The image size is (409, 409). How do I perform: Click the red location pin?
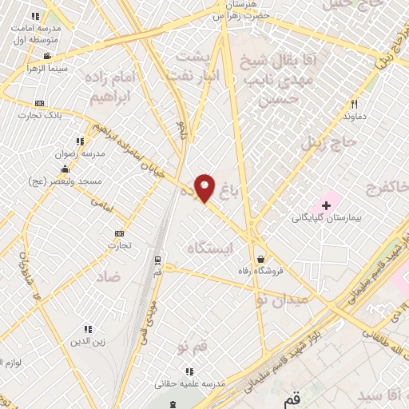[205, 188]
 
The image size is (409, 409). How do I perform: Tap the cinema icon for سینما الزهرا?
[48, 56]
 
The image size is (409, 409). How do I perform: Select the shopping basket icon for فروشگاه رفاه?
[261, 258]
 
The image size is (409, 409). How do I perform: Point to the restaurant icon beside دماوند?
[354, 104]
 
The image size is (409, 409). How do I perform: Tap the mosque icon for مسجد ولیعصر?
[65, 169]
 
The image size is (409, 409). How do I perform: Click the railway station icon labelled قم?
[157, 260]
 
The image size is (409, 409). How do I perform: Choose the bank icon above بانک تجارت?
[39, 104]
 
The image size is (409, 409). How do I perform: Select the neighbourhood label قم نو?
[194, 347]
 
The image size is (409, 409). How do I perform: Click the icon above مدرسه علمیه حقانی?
[189, 371]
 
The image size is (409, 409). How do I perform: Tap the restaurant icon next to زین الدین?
[87, 328]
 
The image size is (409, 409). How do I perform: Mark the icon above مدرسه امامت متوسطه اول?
[34, 16]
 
